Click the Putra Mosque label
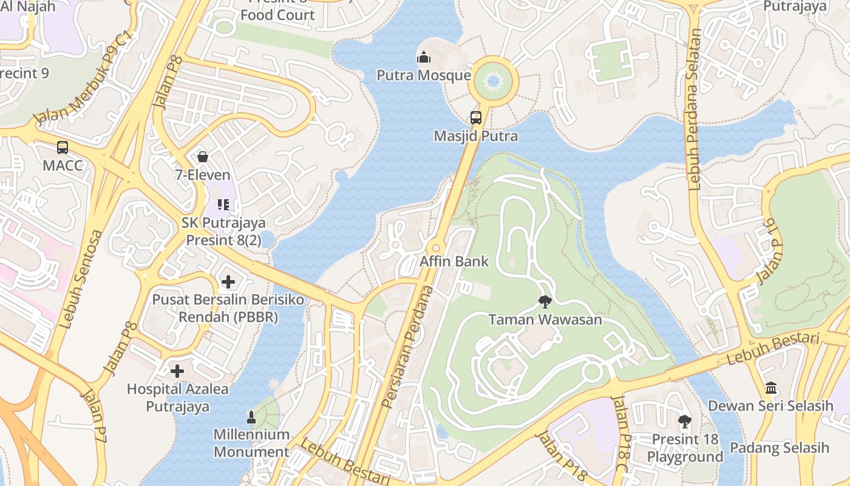pos(423,75)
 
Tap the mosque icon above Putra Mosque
pos(423,58)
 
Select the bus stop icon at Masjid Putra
pos(476,118)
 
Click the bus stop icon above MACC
pos(63,147)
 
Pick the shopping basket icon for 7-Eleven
pos(203,157)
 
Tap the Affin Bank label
pos(454,262)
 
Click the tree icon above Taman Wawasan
pos(545,301)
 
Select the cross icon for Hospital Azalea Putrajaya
pos(177,371)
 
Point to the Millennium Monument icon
pos(251,417)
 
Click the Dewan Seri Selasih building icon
pos(771,388)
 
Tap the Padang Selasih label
pos(779,448)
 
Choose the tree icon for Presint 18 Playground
pos(685,421)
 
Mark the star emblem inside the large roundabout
pos(493,81)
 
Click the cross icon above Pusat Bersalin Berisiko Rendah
pos(228,282)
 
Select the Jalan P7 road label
pos(96,416)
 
